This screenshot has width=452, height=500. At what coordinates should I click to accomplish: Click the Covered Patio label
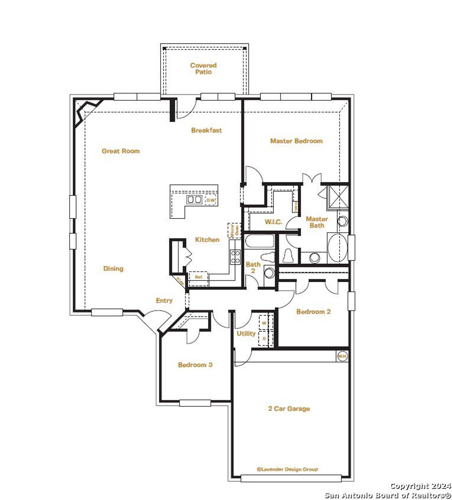tap(203, 69)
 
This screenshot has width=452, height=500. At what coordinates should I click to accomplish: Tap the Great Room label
tap(121, 151)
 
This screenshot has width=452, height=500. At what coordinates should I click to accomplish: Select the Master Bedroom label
tap(296, 141)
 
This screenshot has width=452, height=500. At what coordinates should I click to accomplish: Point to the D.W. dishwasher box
tap(211, 200)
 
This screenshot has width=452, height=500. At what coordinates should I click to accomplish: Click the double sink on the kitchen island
tap(194, 200)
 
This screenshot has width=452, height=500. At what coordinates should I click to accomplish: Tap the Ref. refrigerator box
tap(198, 277)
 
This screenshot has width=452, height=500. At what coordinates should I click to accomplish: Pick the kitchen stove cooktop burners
tap(235, 257)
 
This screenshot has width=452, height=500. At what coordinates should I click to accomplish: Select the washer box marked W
tap(264, 323)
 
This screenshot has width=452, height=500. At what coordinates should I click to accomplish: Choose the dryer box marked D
tap(264, 338)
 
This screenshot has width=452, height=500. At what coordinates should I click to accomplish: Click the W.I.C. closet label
tap(273, 222)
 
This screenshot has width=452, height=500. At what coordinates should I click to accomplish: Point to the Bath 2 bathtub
tap(260, 242)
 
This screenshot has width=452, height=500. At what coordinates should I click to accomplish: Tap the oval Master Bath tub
tap(338, 248)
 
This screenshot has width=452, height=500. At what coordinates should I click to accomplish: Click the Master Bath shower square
tap(338, 197)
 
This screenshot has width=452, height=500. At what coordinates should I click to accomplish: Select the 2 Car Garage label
tap(289, 409)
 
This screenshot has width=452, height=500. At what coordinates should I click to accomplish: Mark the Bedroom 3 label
tap(195, 365)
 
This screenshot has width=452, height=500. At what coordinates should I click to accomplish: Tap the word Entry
tap(164, 300)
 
